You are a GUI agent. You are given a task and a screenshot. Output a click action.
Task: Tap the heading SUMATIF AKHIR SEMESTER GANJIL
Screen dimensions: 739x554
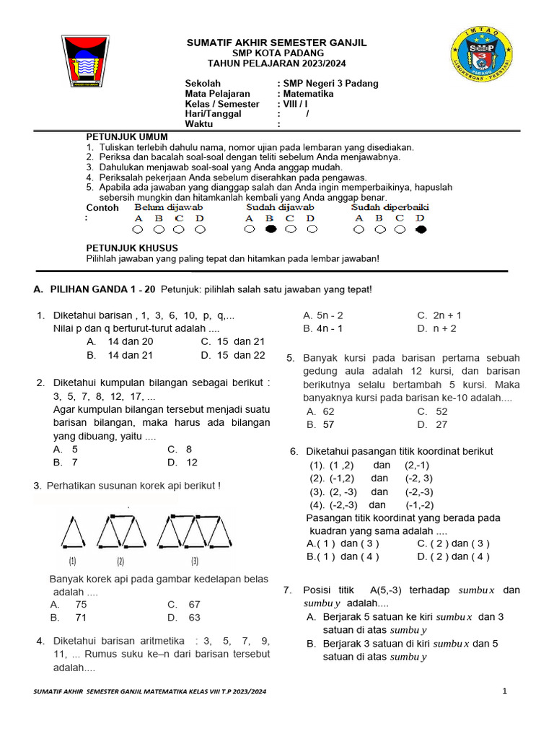click(277, 43)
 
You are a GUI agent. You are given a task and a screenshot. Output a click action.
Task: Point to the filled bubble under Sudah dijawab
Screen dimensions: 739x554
click(270, 230)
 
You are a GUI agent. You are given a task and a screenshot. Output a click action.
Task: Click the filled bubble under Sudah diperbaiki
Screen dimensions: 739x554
click(421, 230)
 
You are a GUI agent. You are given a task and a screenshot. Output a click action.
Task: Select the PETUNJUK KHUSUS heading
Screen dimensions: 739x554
click(132, 248)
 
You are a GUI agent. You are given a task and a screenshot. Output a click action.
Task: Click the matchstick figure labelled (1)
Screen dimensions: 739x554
click(73, 534)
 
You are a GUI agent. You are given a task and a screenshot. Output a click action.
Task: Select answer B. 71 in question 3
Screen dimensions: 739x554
click(69, 618)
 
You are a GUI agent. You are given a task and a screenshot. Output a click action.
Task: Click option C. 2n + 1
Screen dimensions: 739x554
click(439, 315)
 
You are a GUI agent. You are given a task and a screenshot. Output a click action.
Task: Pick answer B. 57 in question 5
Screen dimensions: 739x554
click(320, 425)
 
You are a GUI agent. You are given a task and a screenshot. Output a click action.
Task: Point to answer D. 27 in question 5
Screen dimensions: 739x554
click(432, 425)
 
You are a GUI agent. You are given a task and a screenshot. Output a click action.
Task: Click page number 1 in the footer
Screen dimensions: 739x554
click(505, 692)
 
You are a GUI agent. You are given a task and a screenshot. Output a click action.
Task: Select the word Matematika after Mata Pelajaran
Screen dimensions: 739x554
click(308, 94)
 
